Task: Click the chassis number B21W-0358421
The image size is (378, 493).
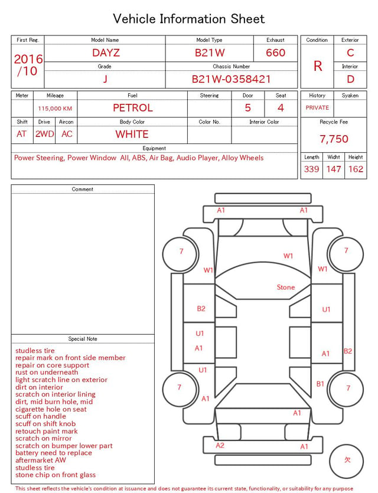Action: pyautogui.click(x=231, y=79)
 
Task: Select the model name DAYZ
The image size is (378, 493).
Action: pyautogui.click(x=106, y=53)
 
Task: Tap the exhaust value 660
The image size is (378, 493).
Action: pyautogui.click(x=275, y=53)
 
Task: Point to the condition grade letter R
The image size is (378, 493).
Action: pyautogui.click(x=318, y=66)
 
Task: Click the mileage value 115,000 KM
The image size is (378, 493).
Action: pyautogui.click(x=55, y=109)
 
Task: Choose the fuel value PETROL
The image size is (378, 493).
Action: pyautogui.click(x=133, y=108)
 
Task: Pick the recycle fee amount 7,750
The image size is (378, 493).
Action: pyautogui.click(x=334, y=139)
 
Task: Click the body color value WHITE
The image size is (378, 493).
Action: pyautogui.click(x=132, y=134)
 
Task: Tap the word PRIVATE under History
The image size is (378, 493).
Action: pyautogui.click(x=317, y=107)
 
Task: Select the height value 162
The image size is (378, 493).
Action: pyautogui.click(x=356, y=169)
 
